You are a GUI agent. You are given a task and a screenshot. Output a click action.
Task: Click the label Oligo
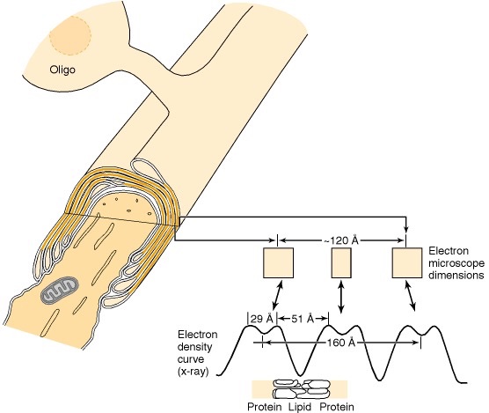[62, 69]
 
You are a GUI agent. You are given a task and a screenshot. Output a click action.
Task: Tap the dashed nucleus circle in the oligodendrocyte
[70, 35]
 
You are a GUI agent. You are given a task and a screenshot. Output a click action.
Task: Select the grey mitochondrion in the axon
[59, 291]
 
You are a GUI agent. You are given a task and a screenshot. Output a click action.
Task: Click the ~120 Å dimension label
[340, 240]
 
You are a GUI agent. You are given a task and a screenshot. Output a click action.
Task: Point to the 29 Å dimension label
[262, 319]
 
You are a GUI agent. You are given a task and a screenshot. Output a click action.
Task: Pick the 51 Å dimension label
[303, 319]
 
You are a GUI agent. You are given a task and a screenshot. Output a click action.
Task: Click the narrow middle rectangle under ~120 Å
[341, 262]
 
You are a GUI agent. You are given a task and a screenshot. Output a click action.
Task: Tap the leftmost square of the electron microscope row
[278, 262]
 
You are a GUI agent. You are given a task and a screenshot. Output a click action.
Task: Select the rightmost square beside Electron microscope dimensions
[407, 262]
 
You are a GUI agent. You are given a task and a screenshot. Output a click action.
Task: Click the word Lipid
[300, 407]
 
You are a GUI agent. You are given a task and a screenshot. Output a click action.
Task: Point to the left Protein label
[265, 407]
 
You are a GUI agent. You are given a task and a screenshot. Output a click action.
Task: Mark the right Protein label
[337, 407]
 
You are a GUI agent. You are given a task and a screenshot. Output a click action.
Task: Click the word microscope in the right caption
[456, 264]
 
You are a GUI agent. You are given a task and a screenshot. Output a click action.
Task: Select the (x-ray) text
[193, 372]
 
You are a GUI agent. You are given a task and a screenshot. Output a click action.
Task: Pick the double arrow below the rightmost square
[411, 296]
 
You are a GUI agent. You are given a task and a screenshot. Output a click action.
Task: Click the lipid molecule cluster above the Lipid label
[302, 389]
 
